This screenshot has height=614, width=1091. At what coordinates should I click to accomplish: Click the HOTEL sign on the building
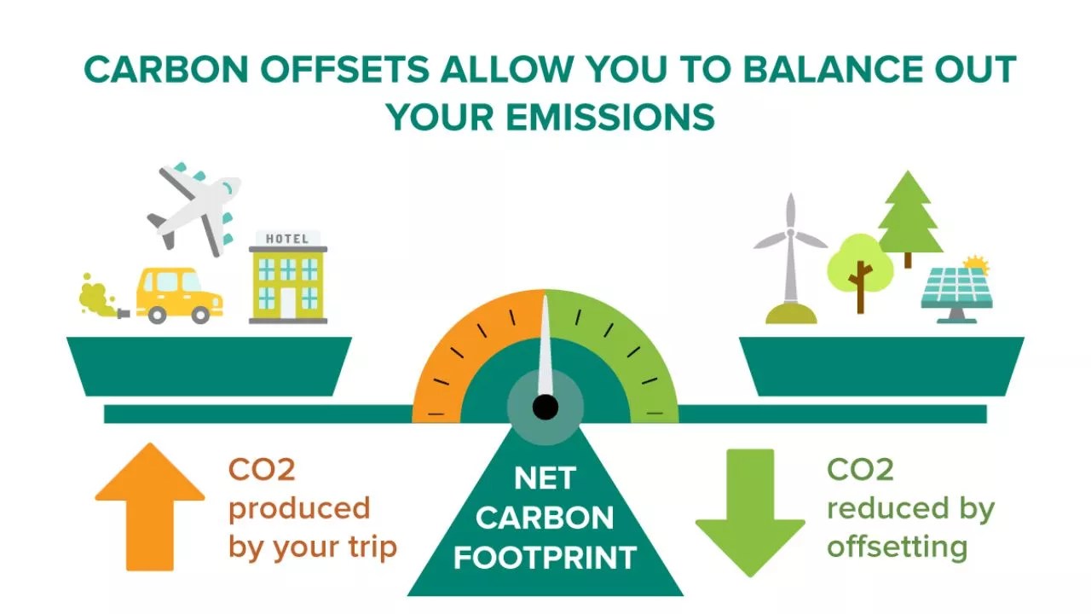tap(287, 239)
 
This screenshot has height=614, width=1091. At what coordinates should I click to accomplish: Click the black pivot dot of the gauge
tap(545, 407)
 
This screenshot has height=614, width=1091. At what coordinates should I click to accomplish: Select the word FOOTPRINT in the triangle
tap(545, 558)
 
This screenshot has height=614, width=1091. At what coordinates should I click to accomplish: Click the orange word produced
tap(299, 509)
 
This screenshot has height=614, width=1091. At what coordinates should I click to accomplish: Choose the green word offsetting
tap(897, 546)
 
